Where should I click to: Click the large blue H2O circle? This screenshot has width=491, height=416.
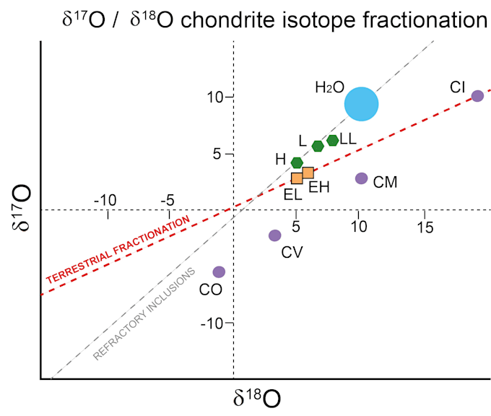[x=361, y=104]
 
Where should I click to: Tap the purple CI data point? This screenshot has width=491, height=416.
[x=477, y=96]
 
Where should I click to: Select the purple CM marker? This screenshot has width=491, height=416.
[x=362, y=178]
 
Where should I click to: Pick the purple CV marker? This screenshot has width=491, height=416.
[x=274, y=235]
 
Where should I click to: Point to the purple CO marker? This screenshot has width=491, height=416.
[x=219, y=272]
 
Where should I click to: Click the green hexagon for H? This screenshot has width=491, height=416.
[x=297, y=162]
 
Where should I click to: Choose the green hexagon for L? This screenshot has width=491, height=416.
[x=318, y=146]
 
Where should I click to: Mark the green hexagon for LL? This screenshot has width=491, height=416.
[x=333, y=140]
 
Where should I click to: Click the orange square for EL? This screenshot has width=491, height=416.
[x=297, y=178]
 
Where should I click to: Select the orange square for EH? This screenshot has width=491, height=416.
[x=308, y=173]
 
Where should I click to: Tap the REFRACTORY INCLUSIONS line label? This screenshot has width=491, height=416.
[x=144, y=313]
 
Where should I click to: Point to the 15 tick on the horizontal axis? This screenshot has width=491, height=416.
[x=425, y=227]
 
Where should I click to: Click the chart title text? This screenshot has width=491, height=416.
[x=275, y=20]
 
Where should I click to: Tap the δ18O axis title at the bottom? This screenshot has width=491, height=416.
[x=256, y=399]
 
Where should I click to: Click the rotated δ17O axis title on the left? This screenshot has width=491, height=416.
[x=20, y=209]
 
